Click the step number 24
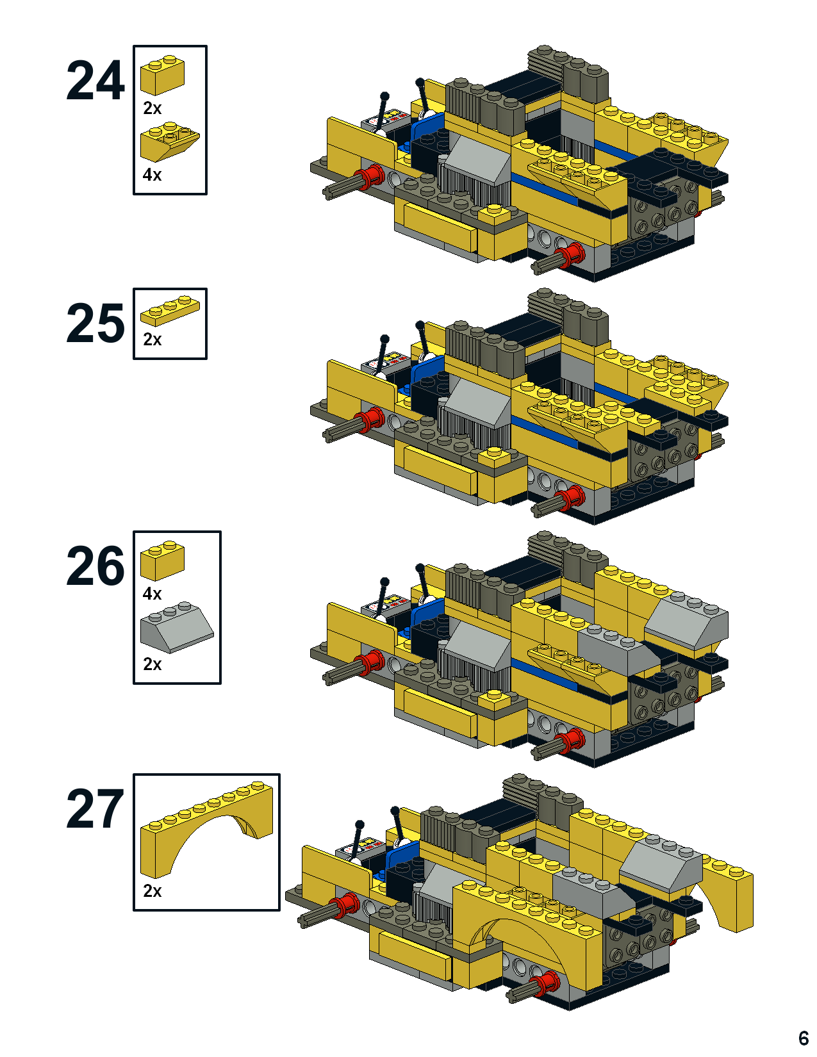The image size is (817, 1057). (x=95, y=81)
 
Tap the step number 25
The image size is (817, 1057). (x=95, y=324)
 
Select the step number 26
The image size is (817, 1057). (x=95, y=567)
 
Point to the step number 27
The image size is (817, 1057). (x=95, y=810)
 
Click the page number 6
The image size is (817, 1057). (x=803, y=1038)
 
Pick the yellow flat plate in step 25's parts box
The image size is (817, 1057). (x=170, y=310)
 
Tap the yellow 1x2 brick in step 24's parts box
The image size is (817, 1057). (x=163, y=75)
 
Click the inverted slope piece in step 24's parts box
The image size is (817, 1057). (x=169, y=144)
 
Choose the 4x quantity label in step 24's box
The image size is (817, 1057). (x=152, y=175)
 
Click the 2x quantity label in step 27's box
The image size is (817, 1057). (x=152, y=890)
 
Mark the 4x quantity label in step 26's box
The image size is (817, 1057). (x=152, y=594)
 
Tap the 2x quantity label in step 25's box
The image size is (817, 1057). (x=152, y=339)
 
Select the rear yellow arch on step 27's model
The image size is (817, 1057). (x=727, y=890)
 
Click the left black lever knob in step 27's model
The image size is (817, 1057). (x=359, y=824)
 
